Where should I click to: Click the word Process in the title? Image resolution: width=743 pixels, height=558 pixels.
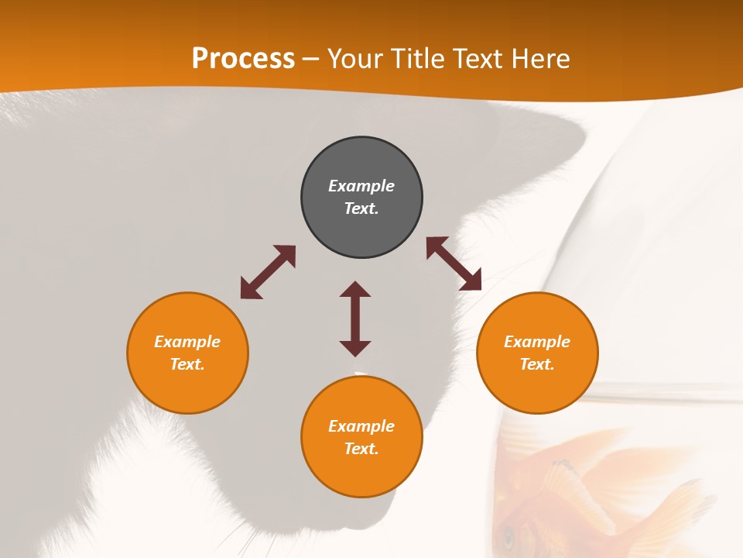pyautogui.click(x=243, y=59)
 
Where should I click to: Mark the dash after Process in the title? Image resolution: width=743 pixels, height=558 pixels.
pyautogui.click(x=310, y=60)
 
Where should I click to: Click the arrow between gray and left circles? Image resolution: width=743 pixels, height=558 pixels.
pyautogui.click(x=268, y=272)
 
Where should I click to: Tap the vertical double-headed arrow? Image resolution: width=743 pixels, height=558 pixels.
pyautogui.click(x=355, y=319)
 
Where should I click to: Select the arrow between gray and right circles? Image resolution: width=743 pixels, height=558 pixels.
pyautogui.click(x=454, y=263)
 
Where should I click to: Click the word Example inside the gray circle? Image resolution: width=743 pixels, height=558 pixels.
pyautogui.click(x=361, y=186)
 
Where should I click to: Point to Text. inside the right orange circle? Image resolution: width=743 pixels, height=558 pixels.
pyautogui.click(x=537, y=364)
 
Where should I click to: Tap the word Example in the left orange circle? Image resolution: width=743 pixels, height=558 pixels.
pyautogui.click(x=187, y=342)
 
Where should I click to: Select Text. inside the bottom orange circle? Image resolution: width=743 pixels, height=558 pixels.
pyautogui.click(x=361, y=449)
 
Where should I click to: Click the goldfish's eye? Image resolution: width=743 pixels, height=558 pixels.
pyautogui.click(x=508, y=536)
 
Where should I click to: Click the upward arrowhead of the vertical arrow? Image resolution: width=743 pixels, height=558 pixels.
pyautogui.click(x=355, y=289)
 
